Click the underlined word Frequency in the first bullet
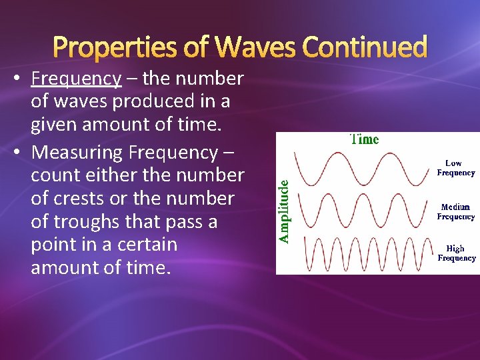76,79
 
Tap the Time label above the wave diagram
364,139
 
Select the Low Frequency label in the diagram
456,168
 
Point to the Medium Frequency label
456,211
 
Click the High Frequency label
456,253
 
